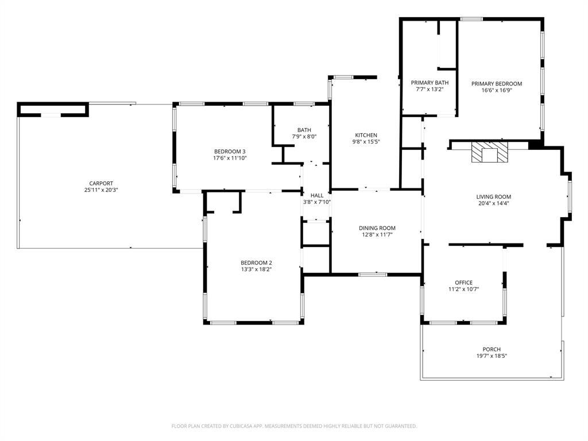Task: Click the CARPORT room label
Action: coord(100,183)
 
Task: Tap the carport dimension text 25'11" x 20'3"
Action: coord(100,190)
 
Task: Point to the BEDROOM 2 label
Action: coord(256,262)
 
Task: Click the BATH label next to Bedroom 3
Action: coord(304,130)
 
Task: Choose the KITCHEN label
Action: coord(366,135)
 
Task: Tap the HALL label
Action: coord(316,195)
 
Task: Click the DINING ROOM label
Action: coord(377,228)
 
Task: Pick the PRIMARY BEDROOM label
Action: coord(497,84)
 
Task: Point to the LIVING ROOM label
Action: coord(493,196)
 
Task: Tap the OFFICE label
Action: coord(463,283)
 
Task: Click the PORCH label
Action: coord(491,349)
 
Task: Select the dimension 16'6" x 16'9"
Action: coord(497,91)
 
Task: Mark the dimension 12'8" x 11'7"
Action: coord(377,235)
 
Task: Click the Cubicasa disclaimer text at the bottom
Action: coord(294,426)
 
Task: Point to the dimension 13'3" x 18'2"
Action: coord(256,269)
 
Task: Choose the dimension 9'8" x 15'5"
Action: coord(366,142)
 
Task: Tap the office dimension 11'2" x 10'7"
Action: coord(463,289)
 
